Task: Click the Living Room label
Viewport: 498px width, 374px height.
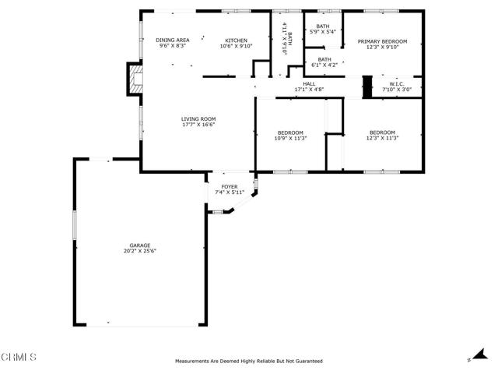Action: (198, 119)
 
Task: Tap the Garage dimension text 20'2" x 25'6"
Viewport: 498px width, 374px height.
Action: (140, 251)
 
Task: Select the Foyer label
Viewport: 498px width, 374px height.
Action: (230, 187)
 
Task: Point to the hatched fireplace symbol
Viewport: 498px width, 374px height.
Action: (136, 79)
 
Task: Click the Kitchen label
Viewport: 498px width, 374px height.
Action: (236, 41)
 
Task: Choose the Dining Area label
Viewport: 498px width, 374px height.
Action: (173, 40)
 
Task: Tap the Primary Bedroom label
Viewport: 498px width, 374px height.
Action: (382, 41)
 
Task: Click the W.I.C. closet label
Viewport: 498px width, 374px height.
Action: (397, 84)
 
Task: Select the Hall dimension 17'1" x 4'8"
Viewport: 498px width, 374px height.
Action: (309, 90)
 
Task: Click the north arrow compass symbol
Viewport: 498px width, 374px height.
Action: (479, 355)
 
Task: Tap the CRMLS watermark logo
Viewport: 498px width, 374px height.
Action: (19, 357)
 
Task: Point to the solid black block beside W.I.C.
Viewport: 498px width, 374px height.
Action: (367, 86)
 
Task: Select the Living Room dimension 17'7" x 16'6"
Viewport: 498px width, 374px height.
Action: (198, 125)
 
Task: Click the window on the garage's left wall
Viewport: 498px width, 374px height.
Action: (75, 225)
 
